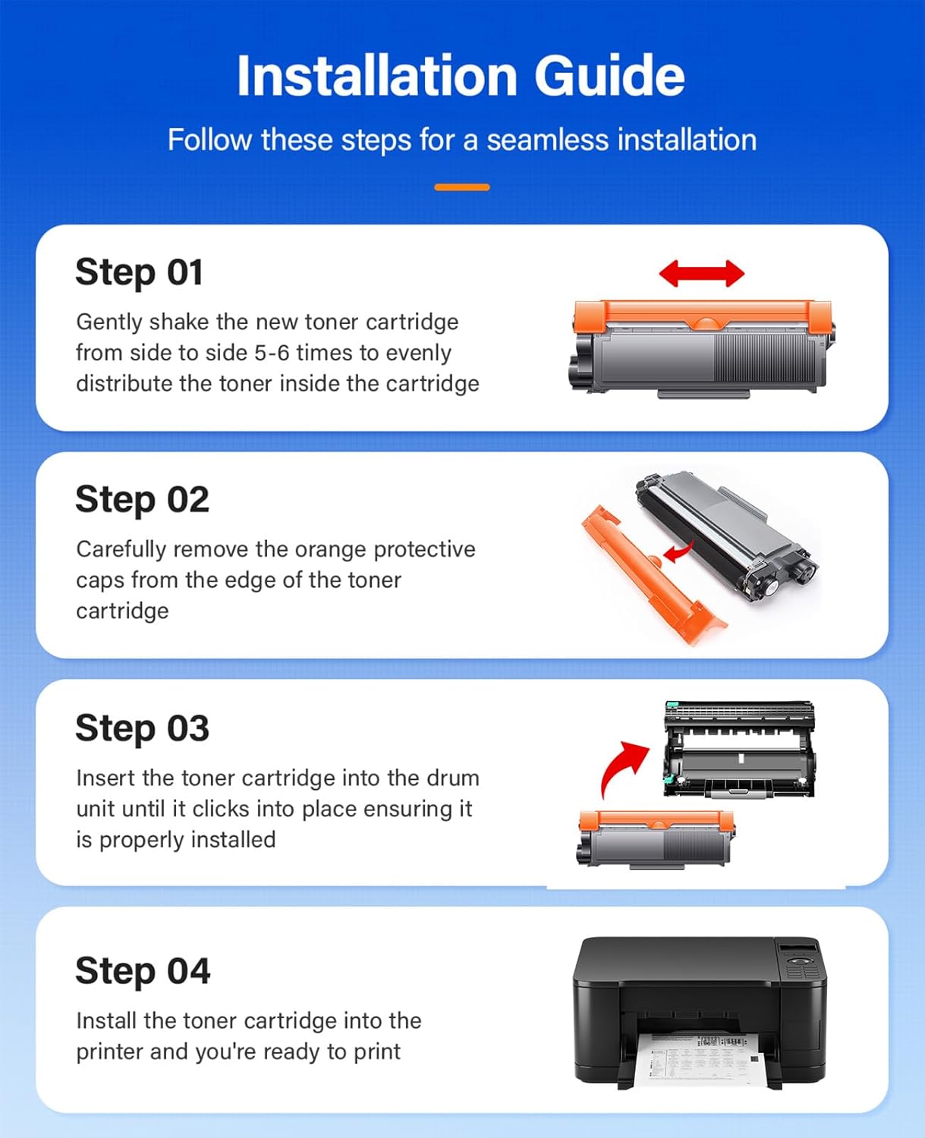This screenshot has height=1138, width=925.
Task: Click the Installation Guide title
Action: (461, 76)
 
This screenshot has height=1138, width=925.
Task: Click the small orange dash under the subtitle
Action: (461, 187)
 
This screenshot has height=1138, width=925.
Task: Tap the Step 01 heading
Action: (139, 272)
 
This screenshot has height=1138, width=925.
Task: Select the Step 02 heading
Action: (142, 500)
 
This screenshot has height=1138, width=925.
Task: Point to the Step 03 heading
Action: (142, 728)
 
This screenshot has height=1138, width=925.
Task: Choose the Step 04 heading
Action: (143, 971)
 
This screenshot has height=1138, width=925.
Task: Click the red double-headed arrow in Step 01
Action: (701, 273)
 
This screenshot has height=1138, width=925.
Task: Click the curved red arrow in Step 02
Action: (678, 552)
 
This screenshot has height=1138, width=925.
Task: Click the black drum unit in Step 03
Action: (739, 750)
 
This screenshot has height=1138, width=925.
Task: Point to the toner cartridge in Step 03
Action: (655, 838)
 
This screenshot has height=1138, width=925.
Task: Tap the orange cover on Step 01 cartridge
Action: (702, 314)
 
